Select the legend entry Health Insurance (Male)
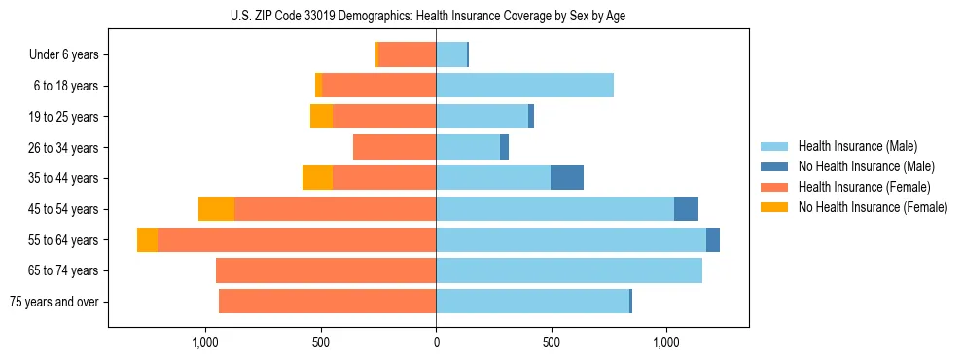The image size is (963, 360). click(857, 146)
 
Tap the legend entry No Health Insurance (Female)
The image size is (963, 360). click(873, 207)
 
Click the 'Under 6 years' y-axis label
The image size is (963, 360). click(63, 54)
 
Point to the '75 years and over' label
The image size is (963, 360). click(53, 302)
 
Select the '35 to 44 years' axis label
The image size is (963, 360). click(65, 178)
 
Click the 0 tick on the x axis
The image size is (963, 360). click(436, 342)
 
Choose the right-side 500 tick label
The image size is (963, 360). click(551, 342)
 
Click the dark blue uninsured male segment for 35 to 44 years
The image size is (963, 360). click(567, 178)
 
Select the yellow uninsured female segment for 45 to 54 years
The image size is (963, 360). click(216, 209)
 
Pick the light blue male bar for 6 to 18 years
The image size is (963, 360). click(524, 86)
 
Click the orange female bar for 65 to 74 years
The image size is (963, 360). click(326, 270)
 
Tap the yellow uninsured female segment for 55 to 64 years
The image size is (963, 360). click(147, 240)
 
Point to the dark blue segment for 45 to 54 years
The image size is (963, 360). click(686, 209)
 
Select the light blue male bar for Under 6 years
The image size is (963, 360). click(451, 54)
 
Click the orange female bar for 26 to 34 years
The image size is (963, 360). click(394, 147)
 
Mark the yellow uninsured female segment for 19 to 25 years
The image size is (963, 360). click(321, 117)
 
